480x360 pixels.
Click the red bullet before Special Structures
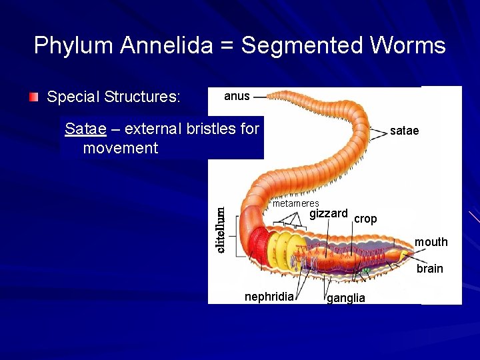click(x=34, y=97)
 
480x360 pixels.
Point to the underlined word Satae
click(x=85, y=129)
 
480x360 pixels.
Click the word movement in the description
click(x=121, y=148)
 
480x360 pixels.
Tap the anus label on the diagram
click(x=237, y=96)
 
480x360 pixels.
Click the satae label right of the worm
click(x=404, y=131)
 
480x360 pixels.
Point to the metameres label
click(x=295, y=203)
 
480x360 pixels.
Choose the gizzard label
click(x=328, y=213)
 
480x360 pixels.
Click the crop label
click(x=365, y=219)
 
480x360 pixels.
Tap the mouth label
click(x=431, y=242)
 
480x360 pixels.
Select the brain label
click(x=429, y=269)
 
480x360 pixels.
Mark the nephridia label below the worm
click(x=269, y=297)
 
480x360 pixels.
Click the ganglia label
click(x=345, y=298)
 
